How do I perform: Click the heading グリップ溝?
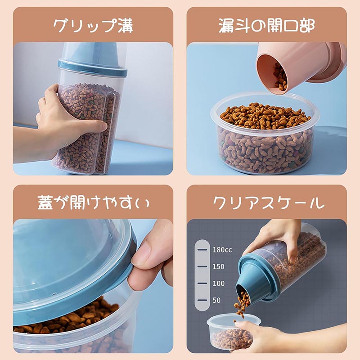pyautogui.click(x=93, y=26)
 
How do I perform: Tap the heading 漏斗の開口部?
pyautogui.click(x=266, y=26)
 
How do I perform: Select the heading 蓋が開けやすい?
pyautogui.click(x=93, y=203)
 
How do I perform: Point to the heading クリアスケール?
pyautogui.click(x=268, y=203)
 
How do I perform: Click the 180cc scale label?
pyautogui.click(x=222, y=250)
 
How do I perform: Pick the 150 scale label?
pyautogui.click(x=218, y=266)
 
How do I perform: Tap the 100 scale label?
pyautogui.click(x=218, y=283)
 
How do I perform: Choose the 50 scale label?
pyautogui.click(x=216, y=300)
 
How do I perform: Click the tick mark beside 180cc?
pyautogui.click(x=202, y=250)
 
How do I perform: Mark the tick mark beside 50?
pyautogui.click(x=202, y=300)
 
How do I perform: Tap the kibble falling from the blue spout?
pyautogui.click(x=242, y=303)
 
